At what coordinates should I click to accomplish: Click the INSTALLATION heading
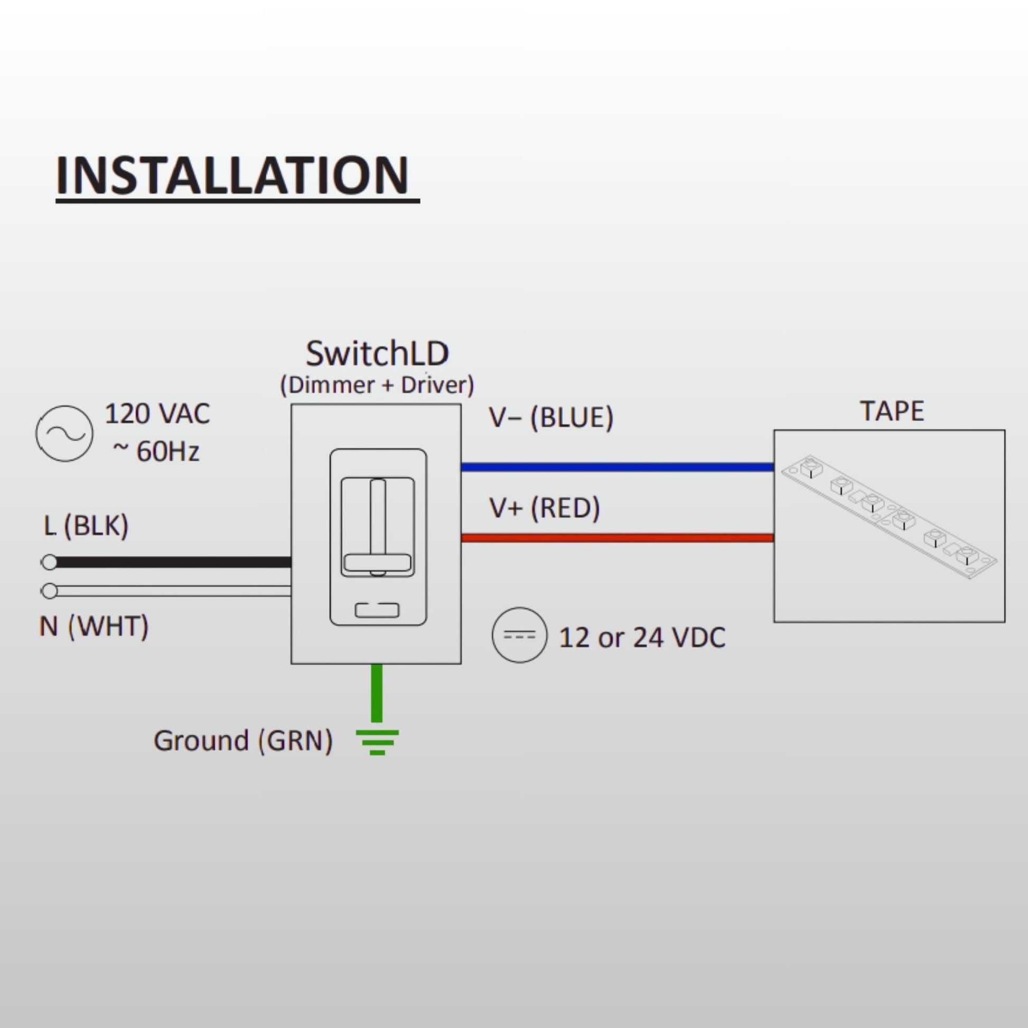pos(232,175)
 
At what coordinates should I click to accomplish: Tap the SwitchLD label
pos(377,353)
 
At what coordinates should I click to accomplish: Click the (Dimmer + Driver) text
pos(377,385)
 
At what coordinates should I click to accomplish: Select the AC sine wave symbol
pos(64,434)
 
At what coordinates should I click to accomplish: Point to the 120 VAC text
pos(157,414)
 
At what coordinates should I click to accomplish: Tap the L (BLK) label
pos(86,526)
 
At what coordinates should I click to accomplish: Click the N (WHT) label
pos(94,627)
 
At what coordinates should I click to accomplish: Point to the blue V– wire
pos(617,467)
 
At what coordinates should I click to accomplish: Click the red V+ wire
pos(617,538)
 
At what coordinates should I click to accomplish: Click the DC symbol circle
pos(519,636)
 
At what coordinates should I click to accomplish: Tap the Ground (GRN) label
pos(243,741)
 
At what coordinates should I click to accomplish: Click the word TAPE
pos(892,412)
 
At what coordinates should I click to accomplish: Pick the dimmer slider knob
pos(377,563)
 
